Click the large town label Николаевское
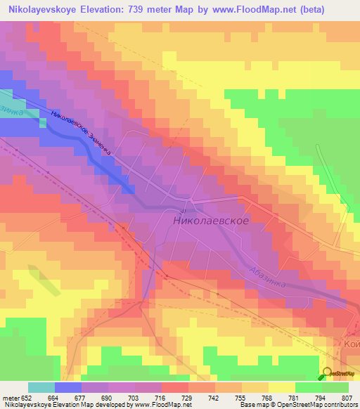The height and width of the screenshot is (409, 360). click(x=210, y=220)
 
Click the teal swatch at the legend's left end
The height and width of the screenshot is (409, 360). click(x=41, y=387)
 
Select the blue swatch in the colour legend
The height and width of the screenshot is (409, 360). click(x=67, y=387)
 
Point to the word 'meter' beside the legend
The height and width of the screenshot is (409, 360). click(x=9, y=398)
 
